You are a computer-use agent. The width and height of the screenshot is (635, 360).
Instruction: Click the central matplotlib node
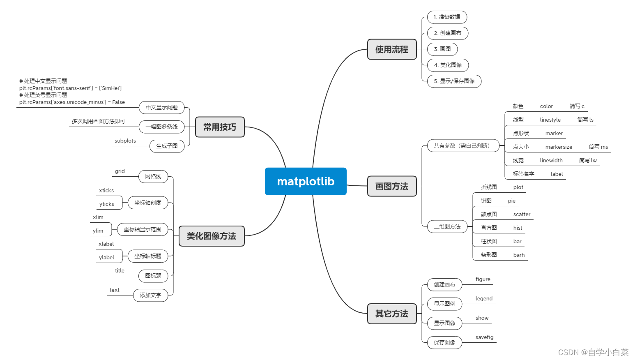click(x=306, y=181)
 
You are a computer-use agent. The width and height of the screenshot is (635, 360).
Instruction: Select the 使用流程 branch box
click(x=392, y=49)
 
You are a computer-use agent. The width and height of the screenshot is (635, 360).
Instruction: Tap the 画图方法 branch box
click(x=392, y=186)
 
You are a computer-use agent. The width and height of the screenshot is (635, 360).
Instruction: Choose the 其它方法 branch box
click(x=392, y=314)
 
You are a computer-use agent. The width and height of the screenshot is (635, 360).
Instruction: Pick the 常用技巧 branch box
click(x=220, y=127)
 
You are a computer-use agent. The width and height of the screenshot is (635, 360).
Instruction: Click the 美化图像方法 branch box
click(x=212, y=236)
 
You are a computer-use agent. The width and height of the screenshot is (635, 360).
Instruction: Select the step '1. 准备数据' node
click(x=447, y=17)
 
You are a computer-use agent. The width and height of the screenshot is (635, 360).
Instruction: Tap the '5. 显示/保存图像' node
click(x=454, y=81)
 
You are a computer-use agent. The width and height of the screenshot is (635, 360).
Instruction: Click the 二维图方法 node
click(x=447, y=226)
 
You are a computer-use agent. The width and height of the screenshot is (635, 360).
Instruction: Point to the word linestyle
click(x=550, y=120)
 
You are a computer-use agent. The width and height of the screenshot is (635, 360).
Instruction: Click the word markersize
click(x=559, y=147)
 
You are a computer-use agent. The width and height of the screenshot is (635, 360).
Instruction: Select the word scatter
click(x=522, y=215)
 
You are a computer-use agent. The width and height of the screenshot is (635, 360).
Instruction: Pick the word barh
click(x=519, y=255)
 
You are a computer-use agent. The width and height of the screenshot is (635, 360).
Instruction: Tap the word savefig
click(x=484, y=337)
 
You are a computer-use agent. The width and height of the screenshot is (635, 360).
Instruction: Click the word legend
click(x=484, y=299)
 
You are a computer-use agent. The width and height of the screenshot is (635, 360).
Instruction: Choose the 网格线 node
click(x=153, y=176)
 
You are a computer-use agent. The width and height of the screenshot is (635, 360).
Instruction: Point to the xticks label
click(x=106, y=191)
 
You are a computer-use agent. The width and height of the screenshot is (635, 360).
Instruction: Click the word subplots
click(x=125, y=141)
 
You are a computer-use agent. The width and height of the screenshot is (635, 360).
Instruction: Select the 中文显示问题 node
click(x=162, y=108)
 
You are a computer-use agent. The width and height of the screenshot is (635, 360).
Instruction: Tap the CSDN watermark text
click(x=593, y=352)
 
